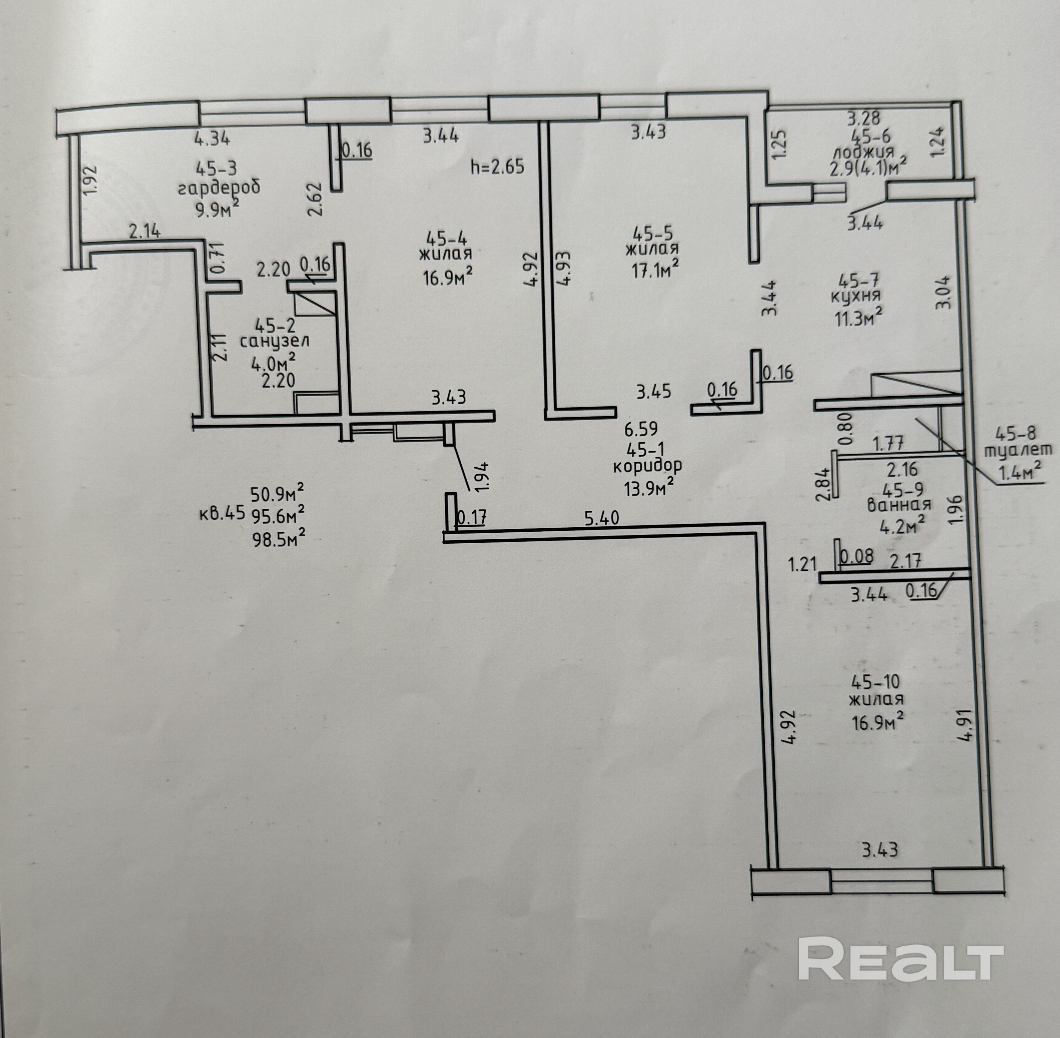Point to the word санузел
pos(274,342)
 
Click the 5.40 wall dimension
pos(602,517)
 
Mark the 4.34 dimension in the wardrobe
pos(212,139)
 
